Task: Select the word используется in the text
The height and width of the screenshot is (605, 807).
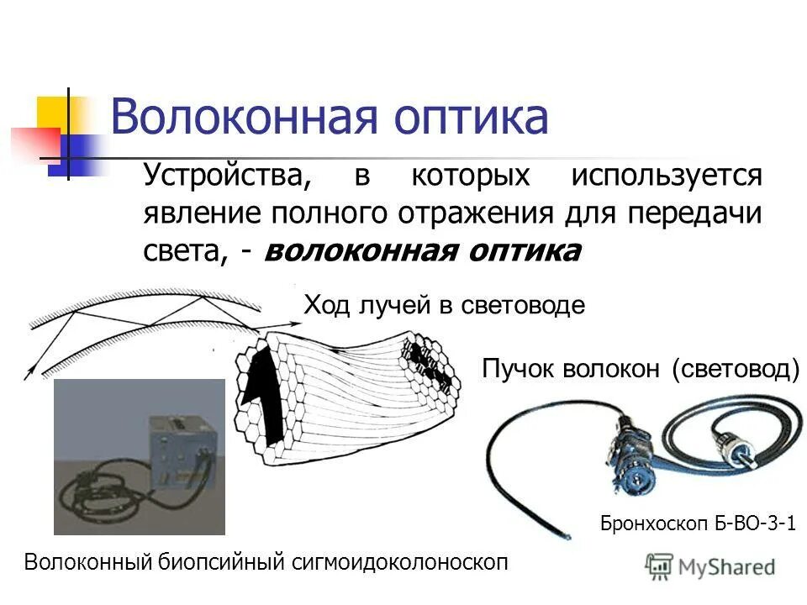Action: [667, 176]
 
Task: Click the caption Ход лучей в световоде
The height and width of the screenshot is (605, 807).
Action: [443, 305]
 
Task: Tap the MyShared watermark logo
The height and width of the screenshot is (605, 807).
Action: [710, 566]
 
